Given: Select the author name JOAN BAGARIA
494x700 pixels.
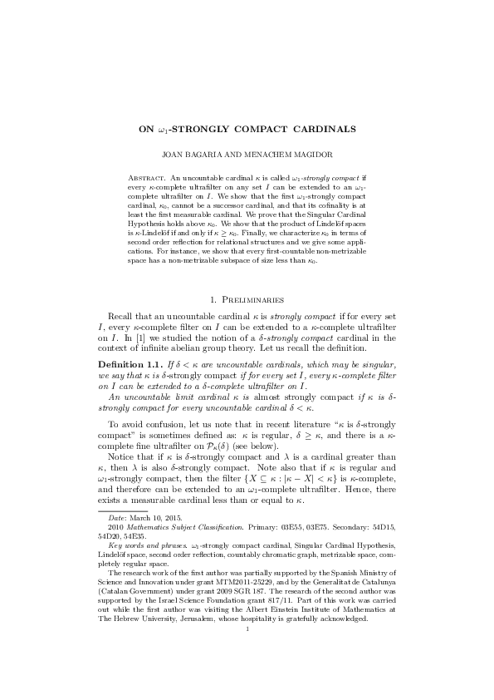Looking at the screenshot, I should pyautogui.click(x=201, y=154).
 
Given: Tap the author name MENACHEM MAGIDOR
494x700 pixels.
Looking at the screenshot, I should pyautogui.click(x=282, y=154).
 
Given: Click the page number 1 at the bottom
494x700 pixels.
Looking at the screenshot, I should pyautogui.click(x=247, y=629).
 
